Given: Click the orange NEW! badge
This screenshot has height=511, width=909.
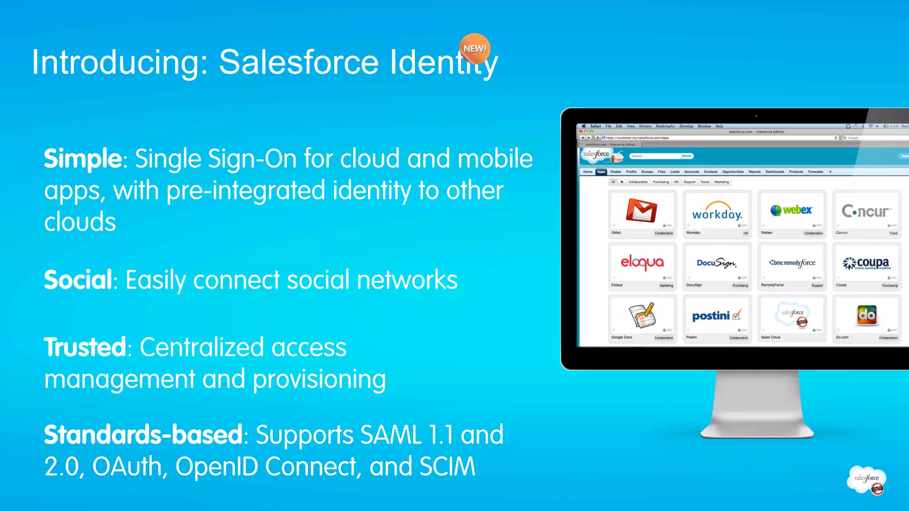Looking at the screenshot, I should pyautogui.click(x=474, y=48).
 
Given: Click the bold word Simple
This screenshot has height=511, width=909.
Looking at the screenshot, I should pyautogui.click(x=83, y=159).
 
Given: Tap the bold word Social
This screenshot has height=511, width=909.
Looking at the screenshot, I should pyautogui.click(x=78, y=280).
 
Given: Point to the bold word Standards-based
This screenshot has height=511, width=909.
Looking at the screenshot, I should pyautogui.click(x=143, y=435).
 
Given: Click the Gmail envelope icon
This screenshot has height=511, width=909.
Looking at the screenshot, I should pyautogui.click(x=641, y=210).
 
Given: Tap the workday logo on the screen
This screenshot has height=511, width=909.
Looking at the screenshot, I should pyautogui.click(x=717, y=213).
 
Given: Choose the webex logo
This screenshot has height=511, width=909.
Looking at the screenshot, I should pyautogui.click(x=792, y=210).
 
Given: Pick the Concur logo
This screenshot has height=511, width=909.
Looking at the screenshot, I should pyautogui.click(x=866, y=211).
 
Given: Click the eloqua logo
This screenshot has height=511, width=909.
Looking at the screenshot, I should pyautogui.click(x=642, y=263).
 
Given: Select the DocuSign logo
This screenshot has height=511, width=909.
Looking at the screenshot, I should pyautogui.click(x=716, y=263).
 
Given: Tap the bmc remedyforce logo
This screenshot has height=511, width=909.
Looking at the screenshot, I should pyautogui.click(x=792, y=263).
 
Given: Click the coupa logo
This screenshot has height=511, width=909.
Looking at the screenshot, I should pyautogui.click(x=866, y=263).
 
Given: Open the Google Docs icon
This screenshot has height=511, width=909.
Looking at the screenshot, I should pyautogui.click(x=642, y=315).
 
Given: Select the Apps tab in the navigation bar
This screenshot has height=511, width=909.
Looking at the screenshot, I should pyautogui.click(x=601, y=172).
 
